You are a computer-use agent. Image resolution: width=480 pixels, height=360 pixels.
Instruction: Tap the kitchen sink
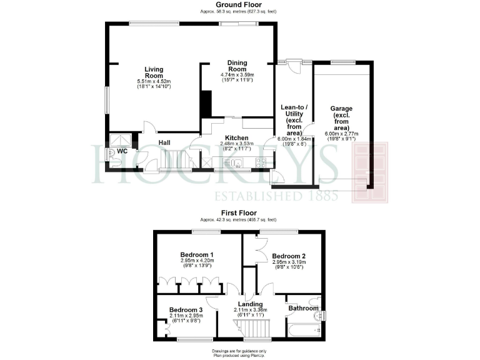(237, 163)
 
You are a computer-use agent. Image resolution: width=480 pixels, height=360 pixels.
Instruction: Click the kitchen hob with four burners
(260, 162)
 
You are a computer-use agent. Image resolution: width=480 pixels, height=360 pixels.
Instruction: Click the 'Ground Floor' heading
(239, 5)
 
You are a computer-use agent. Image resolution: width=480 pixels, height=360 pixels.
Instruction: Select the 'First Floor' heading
(239, 213)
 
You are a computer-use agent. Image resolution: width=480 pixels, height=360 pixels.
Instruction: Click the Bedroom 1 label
(197, 254)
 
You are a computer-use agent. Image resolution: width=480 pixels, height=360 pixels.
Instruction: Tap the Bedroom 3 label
(186, 310)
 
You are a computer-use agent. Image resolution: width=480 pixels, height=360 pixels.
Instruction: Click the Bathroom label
(303, 308)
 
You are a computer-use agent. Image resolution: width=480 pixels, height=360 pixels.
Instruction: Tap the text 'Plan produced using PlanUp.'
(239, 354)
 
